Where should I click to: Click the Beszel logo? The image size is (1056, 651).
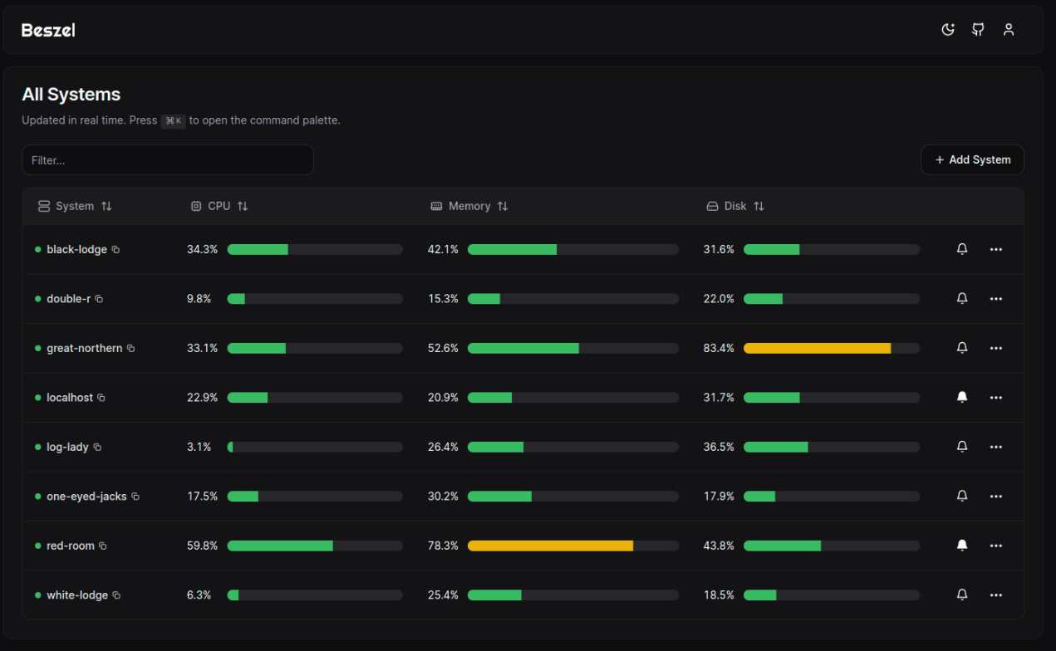(x=48, y=31)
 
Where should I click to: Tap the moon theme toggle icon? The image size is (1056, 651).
(x=948, y=30)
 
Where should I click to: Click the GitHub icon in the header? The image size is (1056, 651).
(x=978, y=30)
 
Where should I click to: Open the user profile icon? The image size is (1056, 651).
(x=1009, y=30)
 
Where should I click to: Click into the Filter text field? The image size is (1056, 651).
(x=168, y=160)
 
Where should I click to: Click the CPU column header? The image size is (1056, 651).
(x=219, y=206)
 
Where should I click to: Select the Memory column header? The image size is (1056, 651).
(x=469, y=206)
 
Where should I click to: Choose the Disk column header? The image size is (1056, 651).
(x=735, y=206)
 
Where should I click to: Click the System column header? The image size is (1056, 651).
(x=75, y=206)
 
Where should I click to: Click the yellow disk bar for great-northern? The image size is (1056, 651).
(x=817, y=349)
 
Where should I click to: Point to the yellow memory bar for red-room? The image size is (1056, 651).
(x=550, y=546)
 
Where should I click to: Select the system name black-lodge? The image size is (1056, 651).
(x=76, y=250)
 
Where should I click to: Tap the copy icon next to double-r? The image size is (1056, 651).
(x=99, y=299)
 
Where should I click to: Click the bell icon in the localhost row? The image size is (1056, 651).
(x=962, y=398)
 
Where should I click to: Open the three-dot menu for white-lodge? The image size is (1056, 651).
(x=996, y=595)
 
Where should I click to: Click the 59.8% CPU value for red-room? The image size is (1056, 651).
(x=202, y=546)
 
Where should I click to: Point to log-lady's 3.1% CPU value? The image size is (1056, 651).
(x=199, y=448)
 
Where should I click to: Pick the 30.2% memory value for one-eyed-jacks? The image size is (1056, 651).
(x=443, y=497)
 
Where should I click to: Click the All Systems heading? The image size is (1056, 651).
(x=71, y=95)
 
